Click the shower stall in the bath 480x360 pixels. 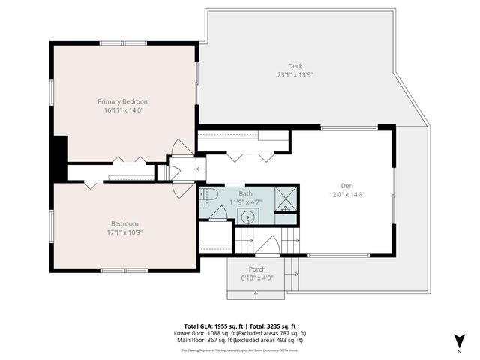coord(285,199)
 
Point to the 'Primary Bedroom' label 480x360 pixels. coord(124,101)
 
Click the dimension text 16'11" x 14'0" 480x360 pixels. coord(124,110)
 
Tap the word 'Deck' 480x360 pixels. coord(295,65)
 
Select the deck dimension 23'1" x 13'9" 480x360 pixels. coord(295,74)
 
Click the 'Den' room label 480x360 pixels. coord(346,186)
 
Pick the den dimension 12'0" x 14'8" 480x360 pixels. coord(346,195)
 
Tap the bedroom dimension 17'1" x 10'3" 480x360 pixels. coord(124,232)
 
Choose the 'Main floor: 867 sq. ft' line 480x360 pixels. coord(240,340)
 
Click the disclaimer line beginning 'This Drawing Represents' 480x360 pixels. coord(240,350)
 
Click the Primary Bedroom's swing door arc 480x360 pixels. coord(181,148)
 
